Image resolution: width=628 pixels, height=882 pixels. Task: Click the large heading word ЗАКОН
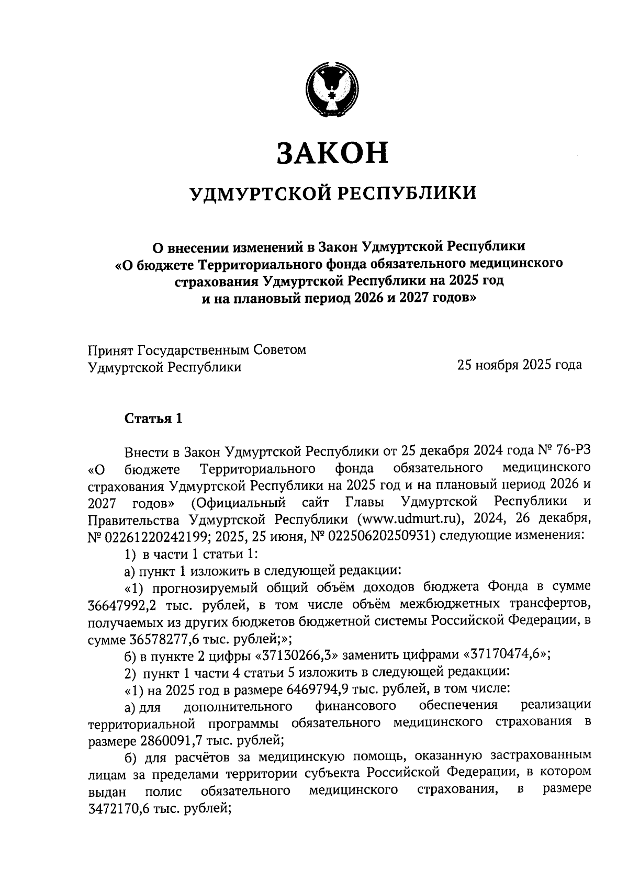click(332, 152)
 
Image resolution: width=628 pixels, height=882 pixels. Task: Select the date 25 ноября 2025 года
click(519, 365)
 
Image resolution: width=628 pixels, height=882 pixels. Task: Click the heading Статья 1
click(153, 419)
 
